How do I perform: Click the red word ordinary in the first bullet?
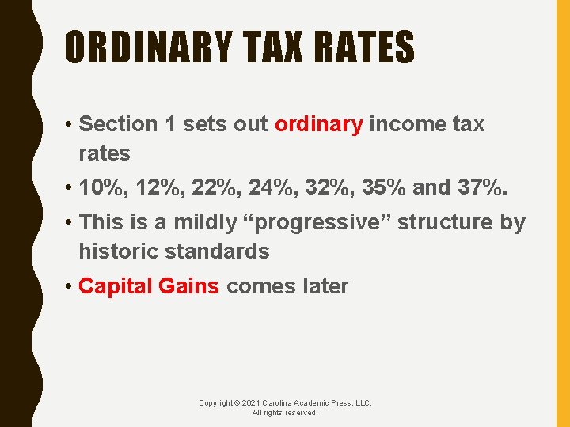click(318, 124)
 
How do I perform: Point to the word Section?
click(119, 124)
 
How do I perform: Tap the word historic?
click(116, 251)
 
